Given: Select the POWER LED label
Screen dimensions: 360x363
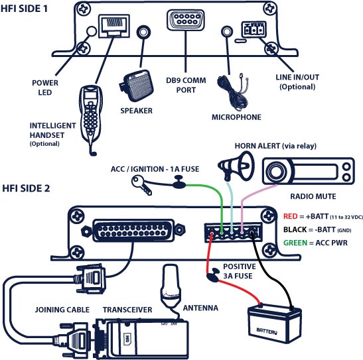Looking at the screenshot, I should click(x=45, y=88).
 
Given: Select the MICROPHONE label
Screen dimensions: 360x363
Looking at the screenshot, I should click(x=236, y=117).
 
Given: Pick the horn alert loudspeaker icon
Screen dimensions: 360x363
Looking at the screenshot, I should click(x=237, y=165).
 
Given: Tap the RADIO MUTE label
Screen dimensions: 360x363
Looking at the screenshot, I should click(x=313, y=197).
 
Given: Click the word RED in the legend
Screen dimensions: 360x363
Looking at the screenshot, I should click(x=290, y=216).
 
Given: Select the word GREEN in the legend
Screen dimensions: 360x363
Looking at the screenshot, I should click(x=295, y=243).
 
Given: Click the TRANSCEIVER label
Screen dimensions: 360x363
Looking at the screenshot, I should click(x=128, y=310).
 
